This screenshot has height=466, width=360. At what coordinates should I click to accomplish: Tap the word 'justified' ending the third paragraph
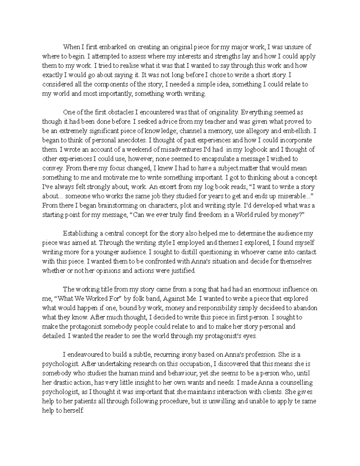tap(182, 270)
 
